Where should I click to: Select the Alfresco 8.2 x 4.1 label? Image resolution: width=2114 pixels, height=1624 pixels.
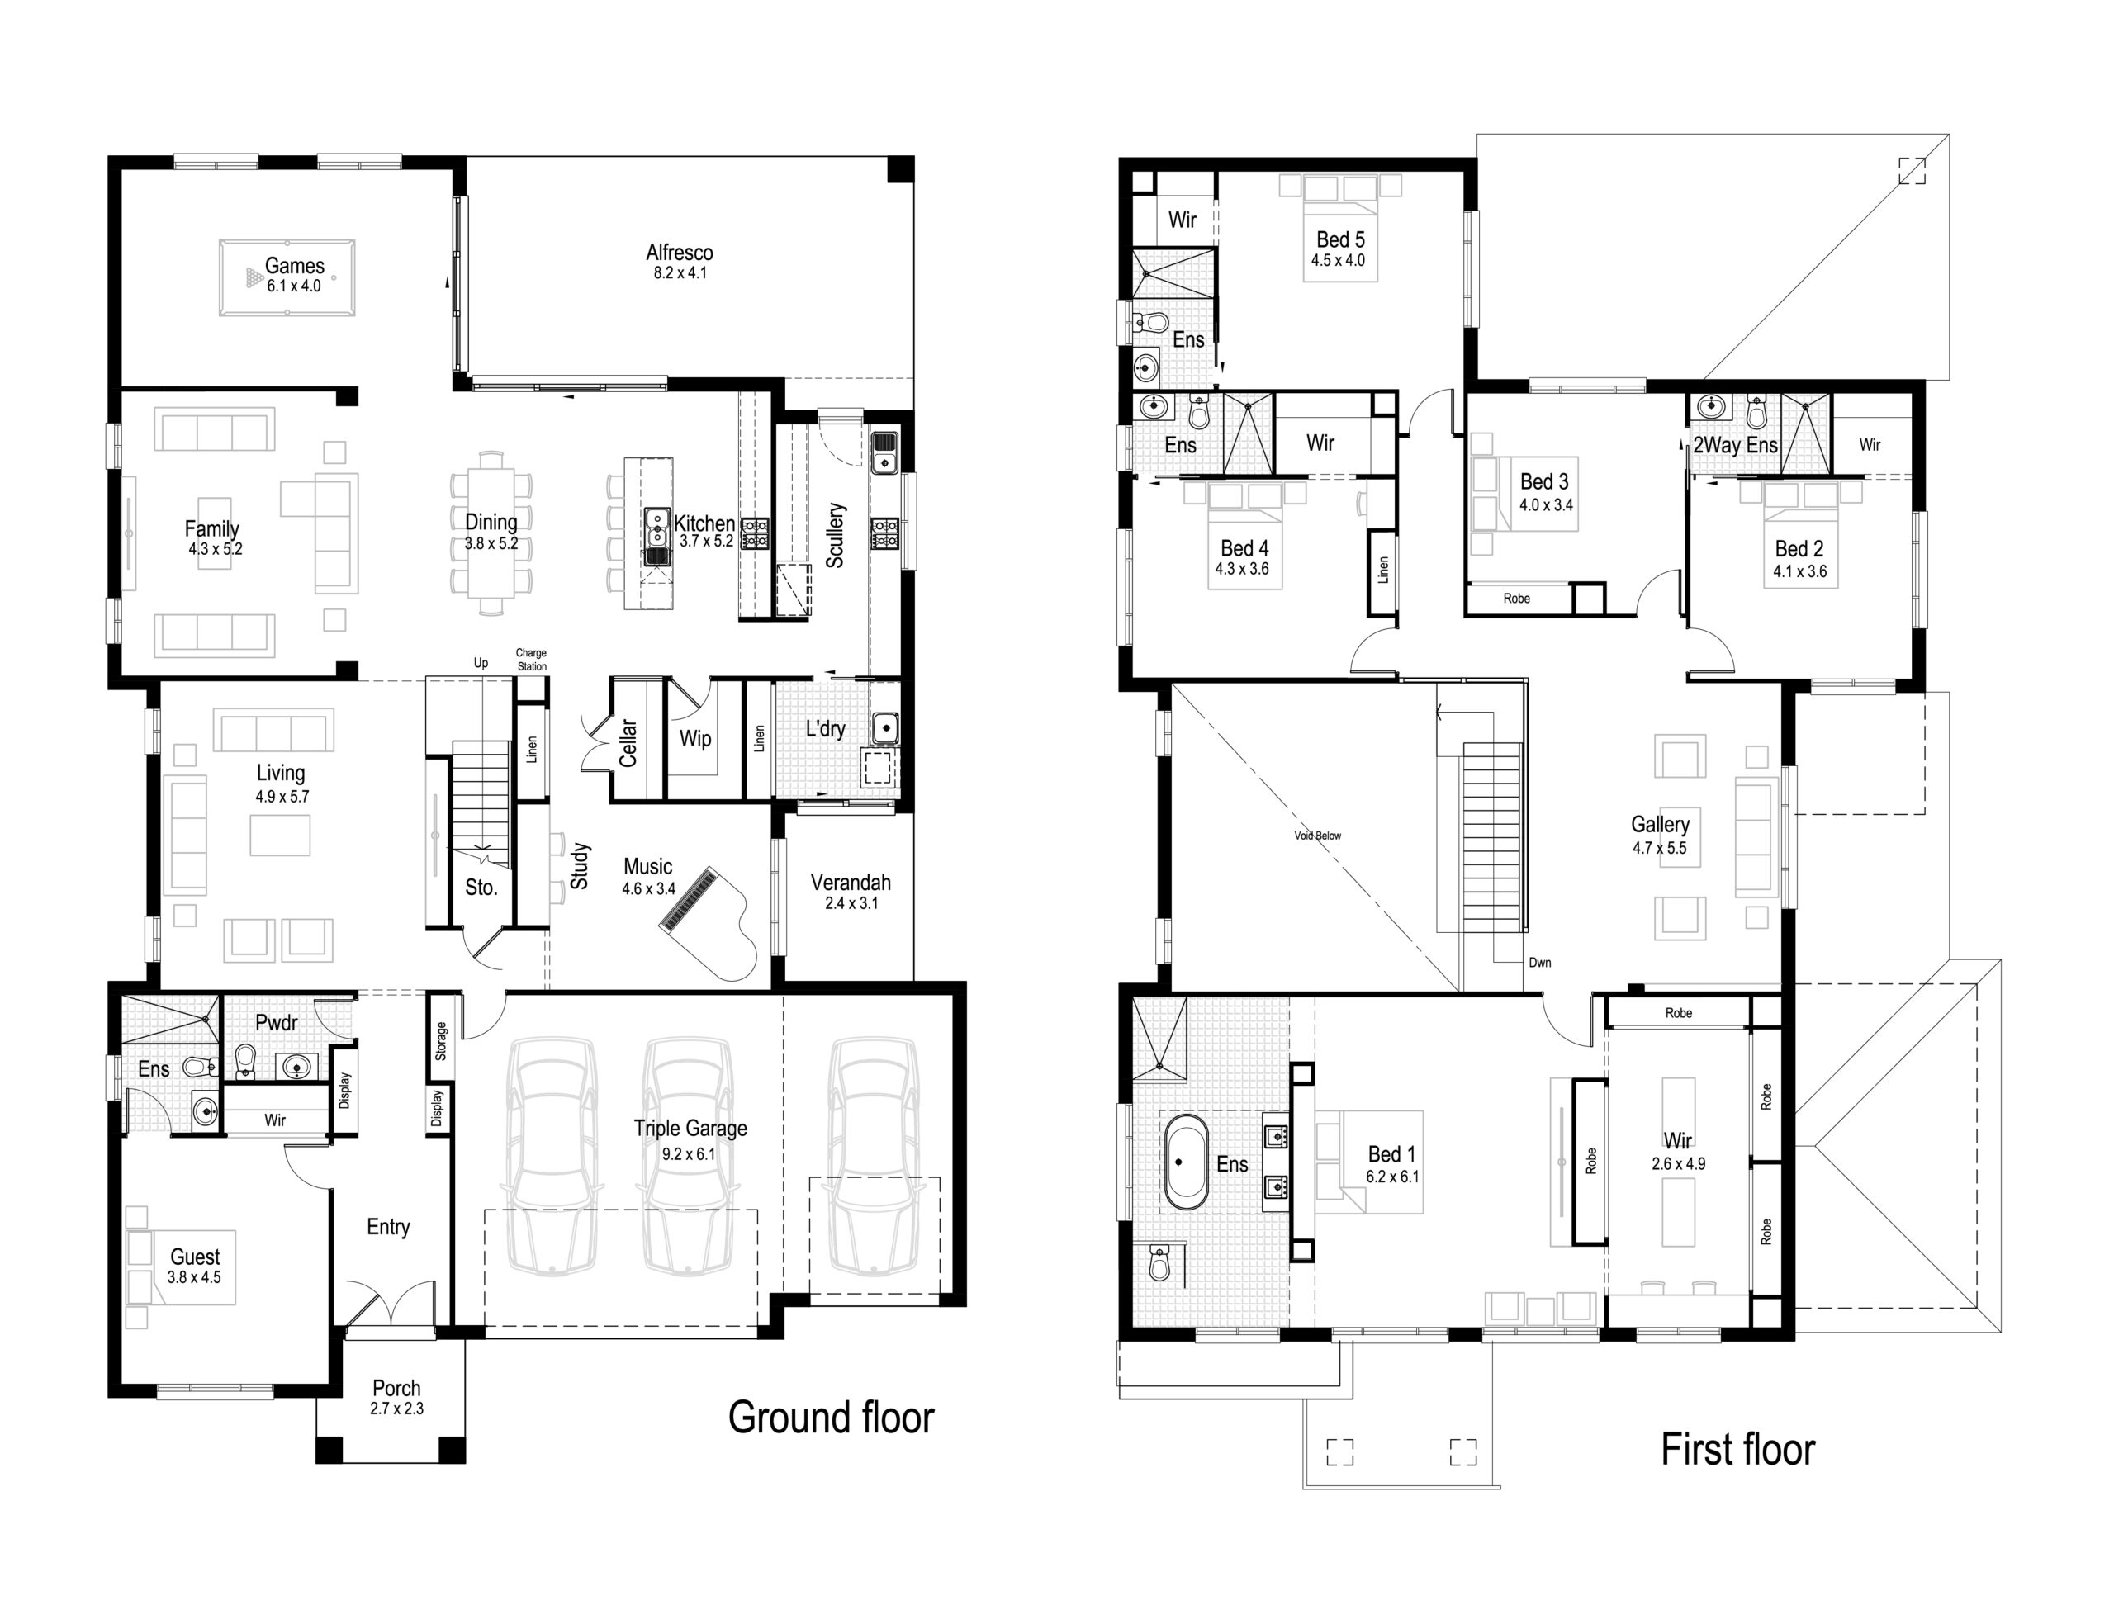(x=680, y=261)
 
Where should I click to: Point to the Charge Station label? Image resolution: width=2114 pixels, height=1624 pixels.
(x=531, y=660)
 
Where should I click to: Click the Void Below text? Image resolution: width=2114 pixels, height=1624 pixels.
(x=1317, y=836)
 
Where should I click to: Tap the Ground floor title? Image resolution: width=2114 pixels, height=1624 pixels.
(x=831, y=1417)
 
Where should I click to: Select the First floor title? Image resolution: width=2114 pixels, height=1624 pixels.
(x=1737, y=1449)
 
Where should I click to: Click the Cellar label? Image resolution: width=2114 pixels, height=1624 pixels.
(x=628, y=742)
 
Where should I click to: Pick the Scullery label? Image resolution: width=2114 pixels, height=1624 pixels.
(x=835, y=534)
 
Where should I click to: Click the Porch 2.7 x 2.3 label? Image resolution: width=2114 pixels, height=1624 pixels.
(x=396, y=1398)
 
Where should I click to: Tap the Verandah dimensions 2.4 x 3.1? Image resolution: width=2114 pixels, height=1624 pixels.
(x=851, y=904)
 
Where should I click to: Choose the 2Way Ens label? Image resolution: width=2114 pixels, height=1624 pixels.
(x=1735, y=445)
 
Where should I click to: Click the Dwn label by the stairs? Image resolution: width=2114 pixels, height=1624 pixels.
(x=1540, y=962)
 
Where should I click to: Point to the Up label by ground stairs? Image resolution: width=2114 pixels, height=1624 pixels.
(x=481, y=663)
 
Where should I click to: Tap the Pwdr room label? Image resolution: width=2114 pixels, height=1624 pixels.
(x=277, y=1022)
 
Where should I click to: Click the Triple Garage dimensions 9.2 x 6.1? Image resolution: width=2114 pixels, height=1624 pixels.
(x=690, y=1154)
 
